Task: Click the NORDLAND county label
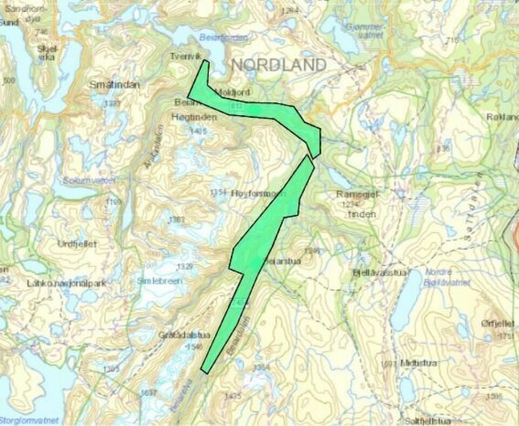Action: (x=279, y=65)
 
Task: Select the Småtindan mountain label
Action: (x=115, y=85)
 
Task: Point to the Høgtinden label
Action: (x=187, y=117)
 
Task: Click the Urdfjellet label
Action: (x=77, y=244)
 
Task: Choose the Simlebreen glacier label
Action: (x=159, y=281)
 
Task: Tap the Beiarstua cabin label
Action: (x=282, y=261)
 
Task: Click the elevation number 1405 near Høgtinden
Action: (x=199, y=131)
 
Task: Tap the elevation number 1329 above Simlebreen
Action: (x=184, y=267)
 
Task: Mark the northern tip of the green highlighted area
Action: (x=205, y=61)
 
